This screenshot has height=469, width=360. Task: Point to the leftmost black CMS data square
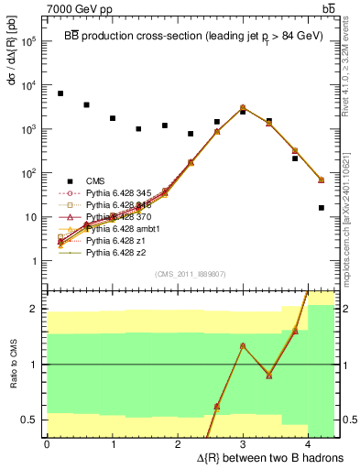[60, 93]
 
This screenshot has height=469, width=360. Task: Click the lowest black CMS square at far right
[322, 208]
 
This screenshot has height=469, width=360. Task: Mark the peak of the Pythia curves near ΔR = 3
[243, 107]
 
